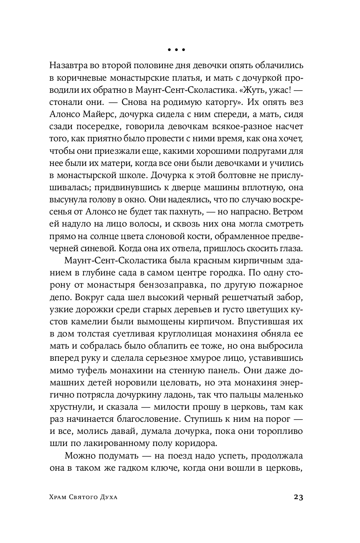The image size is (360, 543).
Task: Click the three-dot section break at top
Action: coord(176,50)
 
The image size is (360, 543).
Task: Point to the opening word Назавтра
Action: coord(68,66)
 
